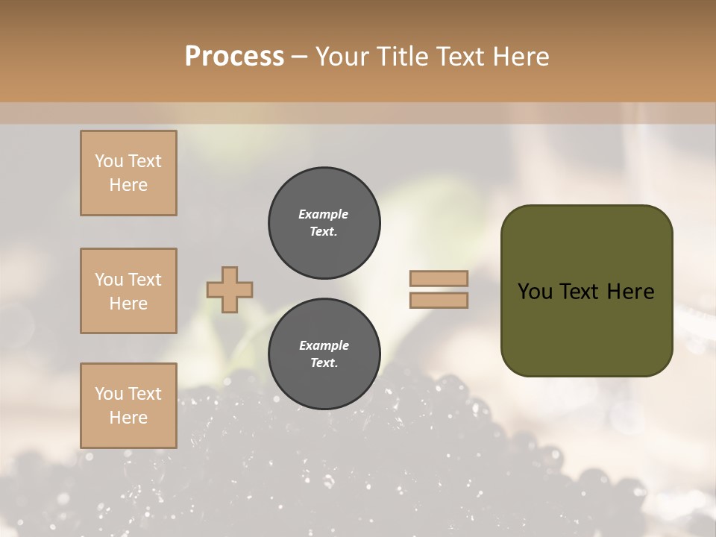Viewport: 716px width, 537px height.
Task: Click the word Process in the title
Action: click(234, 57)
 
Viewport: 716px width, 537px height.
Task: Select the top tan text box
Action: click(128, 173)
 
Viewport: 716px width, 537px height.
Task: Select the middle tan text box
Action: click(128, 291)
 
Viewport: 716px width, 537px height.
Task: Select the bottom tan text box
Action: click(128, 405)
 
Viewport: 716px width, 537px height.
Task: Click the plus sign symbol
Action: click(230, 289)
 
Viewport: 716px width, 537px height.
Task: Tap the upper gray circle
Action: click(324, 223)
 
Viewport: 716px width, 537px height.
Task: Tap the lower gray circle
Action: click(324, 354)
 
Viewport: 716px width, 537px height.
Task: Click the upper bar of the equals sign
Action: click(439, 279)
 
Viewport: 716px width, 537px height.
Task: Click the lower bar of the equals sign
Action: click(439, 300)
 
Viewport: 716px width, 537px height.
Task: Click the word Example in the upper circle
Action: click(324, 214)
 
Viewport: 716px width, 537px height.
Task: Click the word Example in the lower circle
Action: click(324, 345)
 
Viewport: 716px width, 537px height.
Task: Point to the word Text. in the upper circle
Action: click(324, 232)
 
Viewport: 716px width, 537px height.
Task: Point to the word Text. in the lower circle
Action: click(324, 363)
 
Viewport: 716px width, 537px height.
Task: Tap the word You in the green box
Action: click(535, 292)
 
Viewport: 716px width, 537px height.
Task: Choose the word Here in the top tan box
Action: click(128, 185)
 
